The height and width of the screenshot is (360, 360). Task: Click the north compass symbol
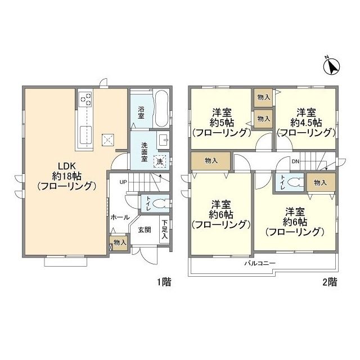pyautogui.click(x=331, y=66)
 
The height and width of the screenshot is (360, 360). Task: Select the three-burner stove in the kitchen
pyautogui.click(x=86, y=99)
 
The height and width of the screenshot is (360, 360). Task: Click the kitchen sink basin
pyautogui.click(x=86, y=134)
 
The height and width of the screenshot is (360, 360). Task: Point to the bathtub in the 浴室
pyautogui.click(x=161, y=109)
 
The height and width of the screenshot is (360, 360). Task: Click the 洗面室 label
pyautogui.click(x=145, y=152)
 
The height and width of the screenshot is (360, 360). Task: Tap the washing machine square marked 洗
pyautogui.click(x=160, y=161)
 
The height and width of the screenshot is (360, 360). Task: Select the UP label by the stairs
pyautogui.click(x=123, y=182)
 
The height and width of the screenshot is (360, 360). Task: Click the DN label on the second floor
pyautogui.click(x=295, y=161)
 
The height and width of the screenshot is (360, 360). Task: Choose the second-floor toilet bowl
pyautogui.click(x=295, y=183)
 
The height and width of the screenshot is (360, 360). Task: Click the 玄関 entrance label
pyautogui.click(x=145, y=229)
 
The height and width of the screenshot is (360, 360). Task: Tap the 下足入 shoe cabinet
pyautogui.click(x=165, y=229)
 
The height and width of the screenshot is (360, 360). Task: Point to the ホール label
pyautogui.click(x=120, y=217)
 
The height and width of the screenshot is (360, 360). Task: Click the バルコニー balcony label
pyautogui.click(x=260, y=263)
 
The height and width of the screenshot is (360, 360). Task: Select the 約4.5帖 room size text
pyautogui.click(x=306, y=123)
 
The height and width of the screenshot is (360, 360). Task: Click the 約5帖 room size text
pyautogui.click(x=222, y=123)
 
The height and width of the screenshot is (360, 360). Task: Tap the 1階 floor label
pyautogui.click(x=164, y=282)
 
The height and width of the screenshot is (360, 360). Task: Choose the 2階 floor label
pyautogui.click(x=330, y=282)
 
